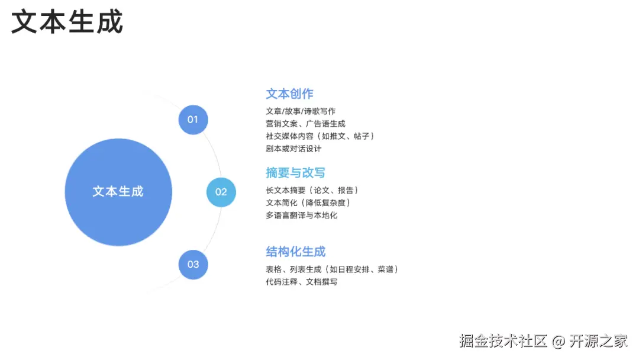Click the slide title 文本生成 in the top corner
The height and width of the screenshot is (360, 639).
(67, 22)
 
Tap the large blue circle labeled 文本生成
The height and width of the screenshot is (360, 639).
(118, 192)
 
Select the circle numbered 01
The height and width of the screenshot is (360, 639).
(193, 120)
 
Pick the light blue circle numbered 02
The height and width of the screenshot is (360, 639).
(221, 192)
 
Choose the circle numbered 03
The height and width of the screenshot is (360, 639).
(193, 264)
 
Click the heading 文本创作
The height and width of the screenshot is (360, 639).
(289, 94)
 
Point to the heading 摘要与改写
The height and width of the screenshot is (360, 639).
(295, 173)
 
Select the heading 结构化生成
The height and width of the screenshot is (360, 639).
(295, 252)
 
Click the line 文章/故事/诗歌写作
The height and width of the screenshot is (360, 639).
(301, 111)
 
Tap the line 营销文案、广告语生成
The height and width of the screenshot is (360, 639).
(305, 124)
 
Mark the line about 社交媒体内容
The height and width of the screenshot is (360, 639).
(320, 136)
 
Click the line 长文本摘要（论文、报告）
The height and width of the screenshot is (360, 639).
(312, 190)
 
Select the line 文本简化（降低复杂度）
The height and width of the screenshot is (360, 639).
(309, 202)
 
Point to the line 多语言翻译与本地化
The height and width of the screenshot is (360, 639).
(302, 215)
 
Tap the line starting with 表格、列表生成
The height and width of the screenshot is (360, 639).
(332, 269)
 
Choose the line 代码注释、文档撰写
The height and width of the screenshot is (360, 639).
(302, 282)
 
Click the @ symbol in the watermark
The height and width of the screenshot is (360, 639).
(559, 342)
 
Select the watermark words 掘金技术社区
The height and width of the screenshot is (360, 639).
(504, 342)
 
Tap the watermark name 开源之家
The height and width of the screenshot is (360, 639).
(599, 342)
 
